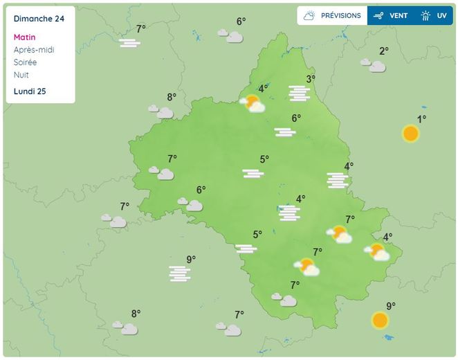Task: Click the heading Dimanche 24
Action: click(x=39, y=19)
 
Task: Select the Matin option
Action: click(x=24, y=37)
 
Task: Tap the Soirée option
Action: click(x=26, y=62)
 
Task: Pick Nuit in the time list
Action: click(x=21, y=75)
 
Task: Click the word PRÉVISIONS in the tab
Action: click(x=341, y=15)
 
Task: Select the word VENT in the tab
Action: click(x=399, y=15)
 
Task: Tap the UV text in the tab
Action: click(x=441, y=15)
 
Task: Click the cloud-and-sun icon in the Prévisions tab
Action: click(x=309, y=15)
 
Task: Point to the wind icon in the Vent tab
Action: click(x=378, y=15)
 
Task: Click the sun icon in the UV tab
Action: click(x=425, y=15)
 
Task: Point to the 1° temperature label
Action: click(x=421, y=119)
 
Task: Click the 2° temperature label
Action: click(x=383, y=51)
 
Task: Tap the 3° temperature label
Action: click(x=311, y=79)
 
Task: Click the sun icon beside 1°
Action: click(x=411, y=134)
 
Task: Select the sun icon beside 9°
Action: click(x=380, y=321)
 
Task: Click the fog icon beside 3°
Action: click(x=300, y=93)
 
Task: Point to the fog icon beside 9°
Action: click(x=180, y=274)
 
